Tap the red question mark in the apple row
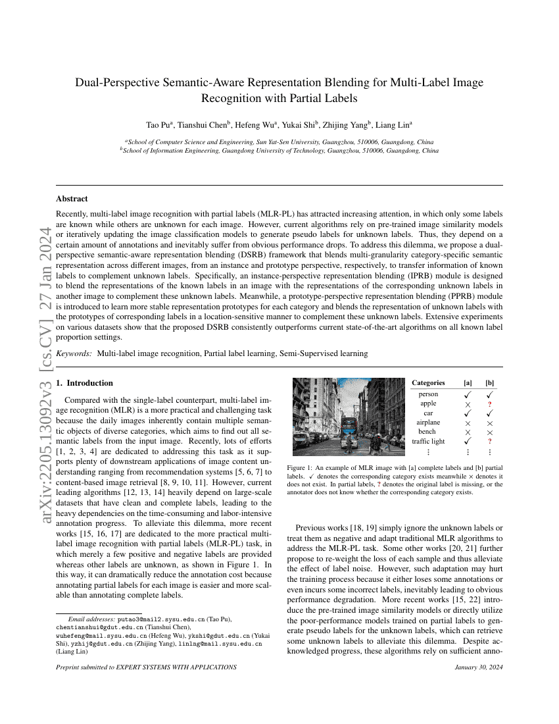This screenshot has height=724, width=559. coord(490,403)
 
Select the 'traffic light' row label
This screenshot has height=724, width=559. coord(428,441)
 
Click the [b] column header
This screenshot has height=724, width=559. coord(490,382)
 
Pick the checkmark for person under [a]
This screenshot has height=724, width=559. coord(468,394)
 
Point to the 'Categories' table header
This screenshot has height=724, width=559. coord(428,382)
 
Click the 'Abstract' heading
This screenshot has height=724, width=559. coord(72,198)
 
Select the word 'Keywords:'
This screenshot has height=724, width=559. coord(74,353)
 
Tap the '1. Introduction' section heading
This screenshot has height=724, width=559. coord(84,382)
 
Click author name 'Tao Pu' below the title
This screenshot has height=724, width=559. coord(157,124)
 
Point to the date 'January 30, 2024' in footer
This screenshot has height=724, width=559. coord(478,667)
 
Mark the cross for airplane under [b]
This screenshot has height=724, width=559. coord(490,423)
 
